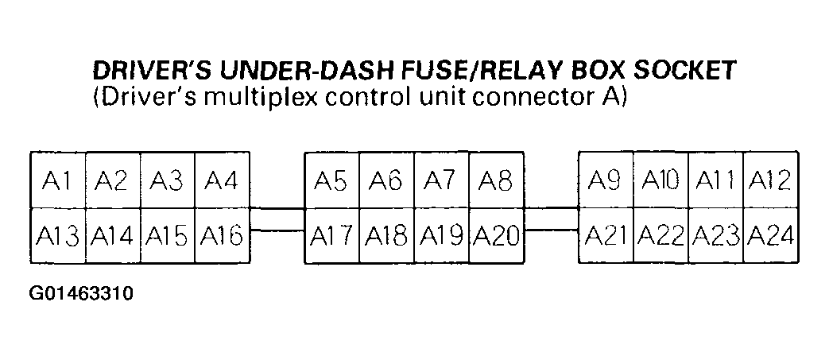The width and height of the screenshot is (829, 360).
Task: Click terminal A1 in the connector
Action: [x=58, y=180]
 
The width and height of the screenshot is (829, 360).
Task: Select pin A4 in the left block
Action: [x=222, y=180]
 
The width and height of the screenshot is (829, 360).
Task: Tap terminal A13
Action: [x=58, y=236]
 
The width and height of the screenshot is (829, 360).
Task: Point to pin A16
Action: [x=222, y=236]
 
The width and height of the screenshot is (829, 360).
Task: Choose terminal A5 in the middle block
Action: [x=331, y=180]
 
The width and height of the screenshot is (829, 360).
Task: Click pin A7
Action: [x=441, y=180]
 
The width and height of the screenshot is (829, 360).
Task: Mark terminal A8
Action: [x=497, y=180]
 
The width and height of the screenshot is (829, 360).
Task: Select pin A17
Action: [x=331, y=236]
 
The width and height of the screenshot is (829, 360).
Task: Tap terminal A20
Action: [x=497, y=236]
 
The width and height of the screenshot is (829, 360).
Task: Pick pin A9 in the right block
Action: [x=606, y=180]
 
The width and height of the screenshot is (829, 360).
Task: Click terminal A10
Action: [x=660, y=180]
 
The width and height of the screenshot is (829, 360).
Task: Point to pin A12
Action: [x=771, y=180]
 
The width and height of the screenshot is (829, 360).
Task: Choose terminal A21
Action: [x=606, y=236]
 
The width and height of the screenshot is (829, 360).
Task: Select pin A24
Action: [x=771, y=236]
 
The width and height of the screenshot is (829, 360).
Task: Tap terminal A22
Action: [x=660, y=236]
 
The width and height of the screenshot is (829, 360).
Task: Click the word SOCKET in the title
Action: [x=684, y=71]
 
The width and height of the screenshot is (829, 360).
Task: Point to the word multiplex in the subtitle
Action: [x=258, y=99]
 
